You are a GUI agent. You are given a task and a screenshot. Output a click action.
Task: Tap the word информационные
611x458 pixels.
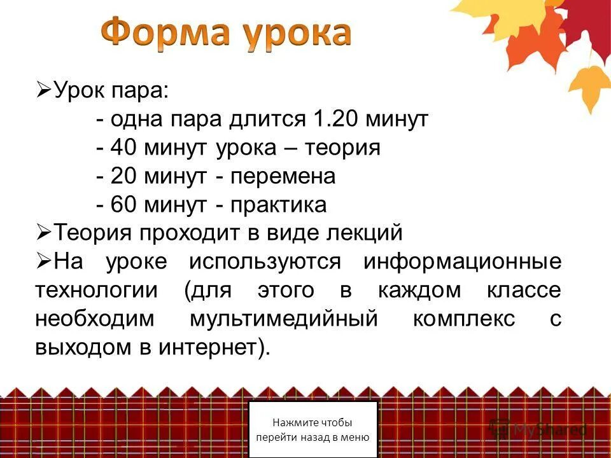[463, 261]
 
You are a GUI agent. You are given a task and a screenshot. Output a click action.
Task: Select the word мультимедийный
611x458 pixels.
[284, 319]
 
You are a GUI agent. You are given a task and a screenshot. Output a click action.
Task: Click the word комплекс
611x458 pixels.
[464, 319]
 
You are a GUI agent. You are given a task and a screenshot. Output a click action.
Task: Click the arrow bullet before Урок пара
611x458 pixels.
[43, 91]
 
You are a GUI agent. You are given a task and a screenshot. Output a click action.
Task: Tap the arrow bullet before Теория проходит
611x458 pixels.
[43, 233]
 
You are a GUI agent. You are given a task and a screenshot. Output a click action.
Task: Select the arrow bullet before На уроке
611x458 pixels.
[43, 262]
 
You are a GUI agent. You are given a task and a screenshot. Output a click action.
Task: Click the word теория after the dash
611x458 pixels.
[342, 148]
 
